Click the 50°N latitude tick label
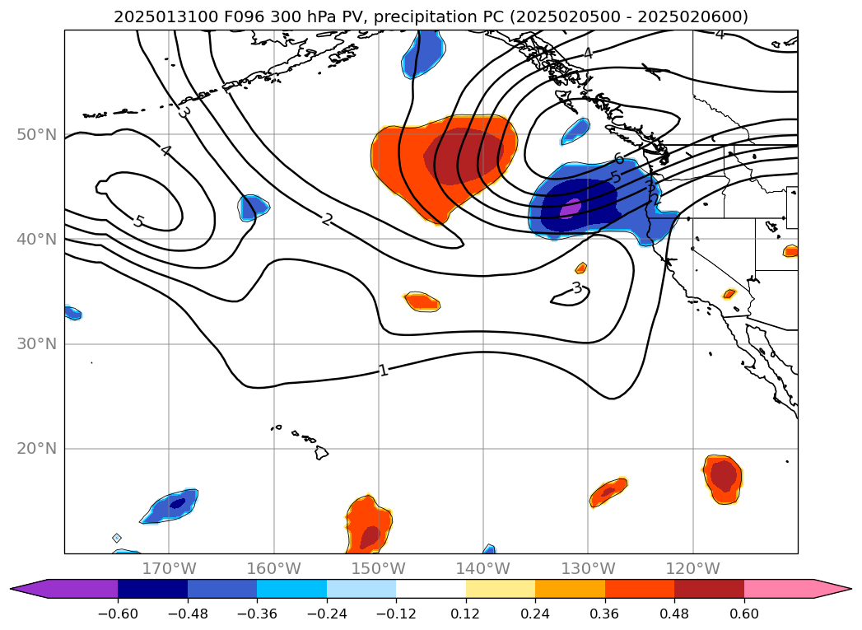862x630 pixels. [36, 134]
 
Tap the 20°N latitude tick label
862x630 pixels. [36, 449]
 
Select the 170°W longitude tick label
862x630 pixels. [169, 568]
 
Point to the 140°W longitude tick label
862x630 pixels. [483, 568]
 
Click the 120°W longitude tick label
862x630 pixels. [692, 568]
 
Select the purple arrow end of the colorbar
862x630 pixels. [25, 589]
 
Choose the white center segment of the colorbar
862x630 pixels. [431, 589]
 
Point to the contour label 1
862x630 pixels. [383, 371]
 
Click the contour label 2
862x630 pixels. [327, 220]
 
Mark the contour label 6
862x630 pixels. [619, 159]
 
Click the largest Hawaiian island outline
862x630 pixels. [321, 452]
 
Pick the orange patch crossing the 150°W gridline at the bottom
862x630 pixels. [368, 523]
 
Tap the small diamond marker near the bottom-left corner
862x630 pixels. [117, 538]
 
